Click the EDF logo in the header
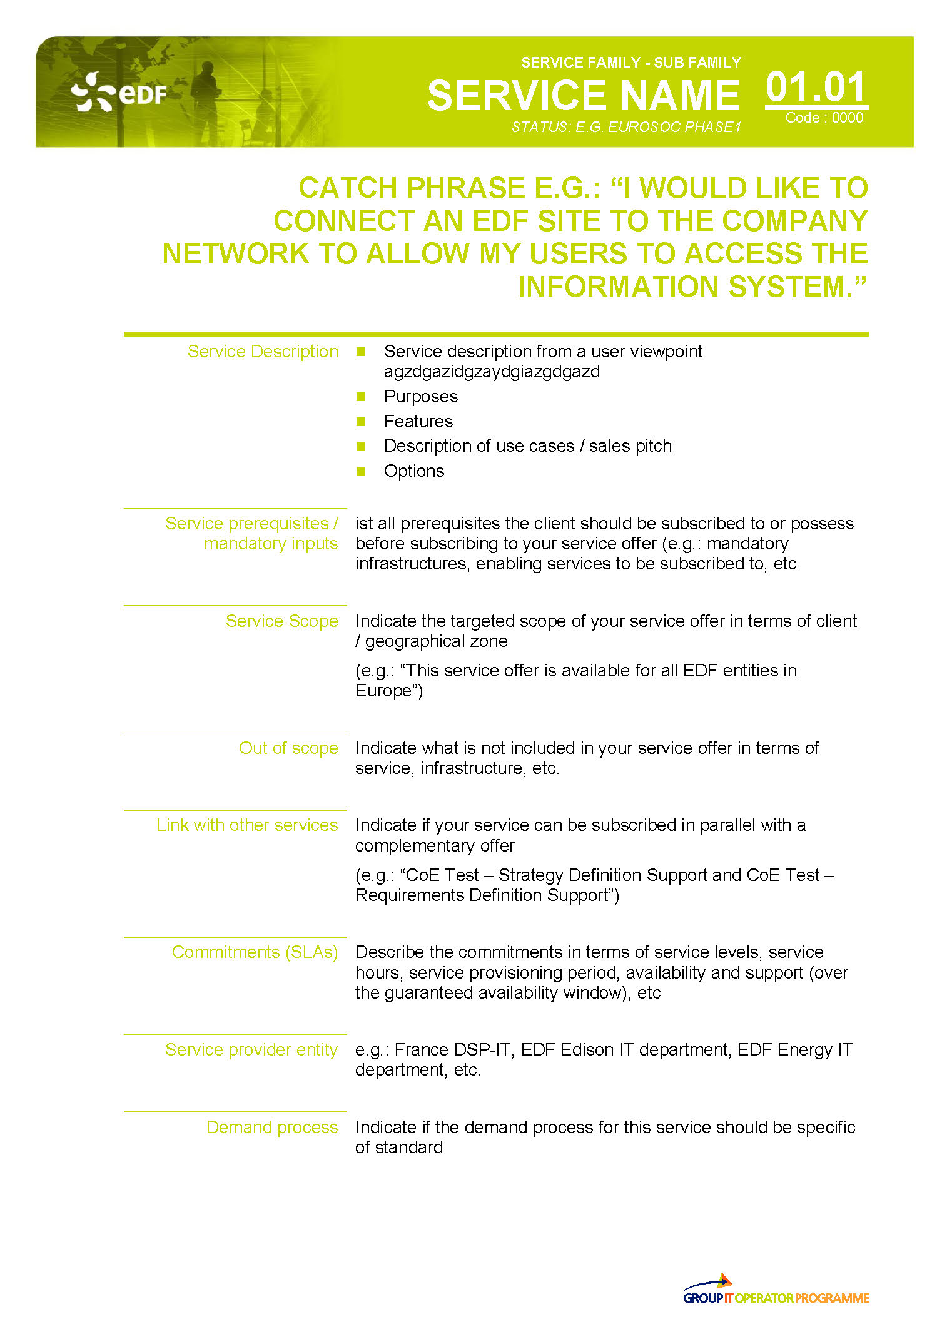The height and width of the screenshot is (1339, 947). point(119,93)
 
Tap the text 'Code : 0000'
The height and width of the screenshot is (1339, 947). point(824,118)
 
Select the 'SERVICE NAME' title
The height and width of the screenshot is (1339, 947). point(583,96)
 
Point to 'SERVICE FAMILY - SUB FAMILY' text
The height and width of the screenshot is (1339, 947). point(630,63)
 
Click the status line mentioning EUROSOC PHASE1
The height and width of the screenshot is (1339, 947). point(626,128)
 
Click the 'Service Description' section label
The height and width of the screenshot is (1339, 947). point(263,352)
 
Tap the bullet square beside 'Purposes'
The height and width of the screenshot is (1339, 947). point(361,397)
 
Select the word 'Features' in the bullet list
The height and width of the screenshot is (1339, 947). point(418,422)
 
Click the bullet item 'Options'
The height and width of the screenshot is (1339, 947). point(413,471)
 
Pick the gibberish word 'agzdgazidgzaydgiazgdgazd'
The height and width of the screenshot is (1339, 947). point(492,372)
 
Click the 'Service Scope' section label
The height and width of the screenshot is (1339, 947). point(281,621)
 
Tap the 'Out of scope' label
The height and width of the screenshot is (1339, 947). point(288,748)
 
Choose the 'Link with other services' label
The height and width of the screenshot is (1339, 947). point(247,825)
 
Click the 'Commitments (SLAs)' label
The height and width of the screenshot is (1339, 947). point(255,952)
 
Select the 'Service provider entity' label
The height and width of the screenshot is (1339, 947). point(251,1050)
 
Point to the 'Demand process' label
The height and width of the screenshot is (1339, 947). point(272,1128)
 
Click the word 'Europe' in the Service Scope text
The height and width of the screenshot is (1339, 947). point(383,691)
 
